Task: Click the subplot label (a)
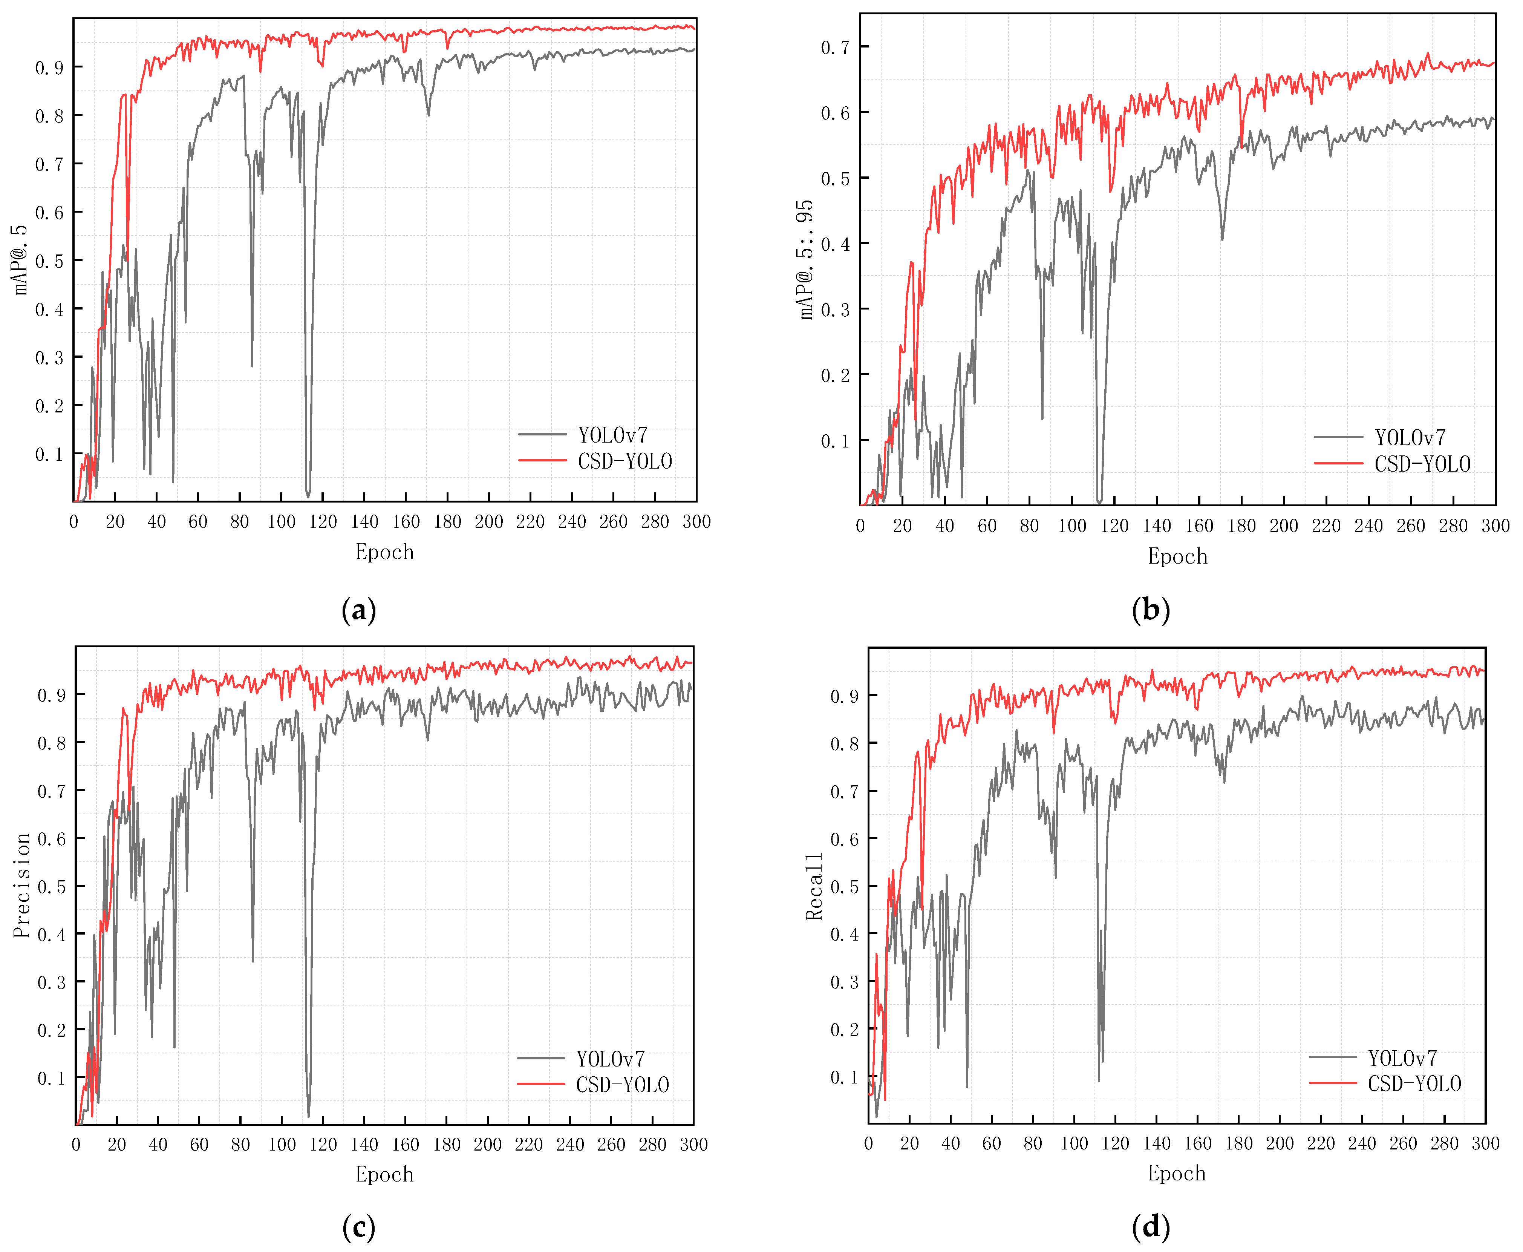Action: (358, 610)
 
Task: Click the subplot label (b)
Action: (1150, 610)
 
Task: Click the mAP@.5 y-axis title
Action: (20, 260)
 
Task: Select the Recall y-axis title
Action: (813, 886)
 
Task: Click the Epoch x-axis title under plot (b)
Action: (1177, 556)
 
